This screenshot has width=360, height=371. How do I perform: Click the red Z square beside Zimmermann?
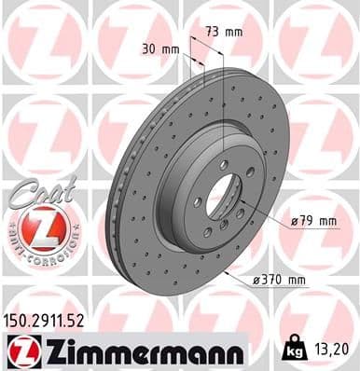20,350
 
